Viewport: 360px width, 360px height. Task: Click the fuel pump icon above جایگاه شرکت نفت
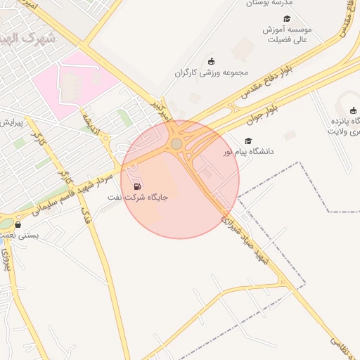tap(136, 186)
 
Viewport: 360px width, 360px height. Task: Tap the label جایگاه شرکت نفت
tap(138, 198)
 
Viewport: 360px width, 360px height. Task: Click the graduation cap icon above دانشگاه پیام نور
tap(247, 141)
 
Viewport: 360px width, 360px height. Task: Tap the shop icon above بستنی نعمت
tap(18, 225)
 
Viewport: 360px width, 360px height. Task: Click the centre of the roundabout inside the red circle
tap(176, 143)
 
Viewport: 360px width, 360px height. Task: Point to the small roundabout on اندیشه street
tap(105, 140)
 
